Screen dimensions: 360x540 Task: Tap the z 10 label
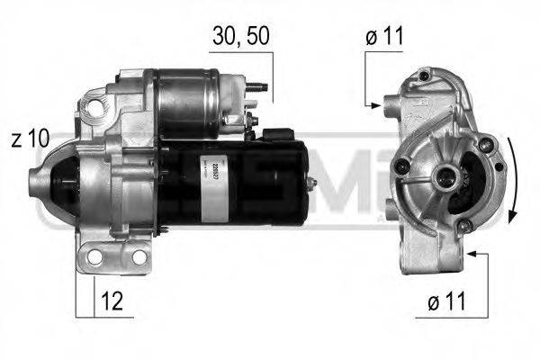(x=30, y=139)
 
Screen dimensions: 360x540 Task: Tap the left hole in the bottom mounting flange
(x=94, y=258)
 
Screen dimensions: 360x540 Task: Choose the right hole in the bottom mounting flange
(x=139, y=258)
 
